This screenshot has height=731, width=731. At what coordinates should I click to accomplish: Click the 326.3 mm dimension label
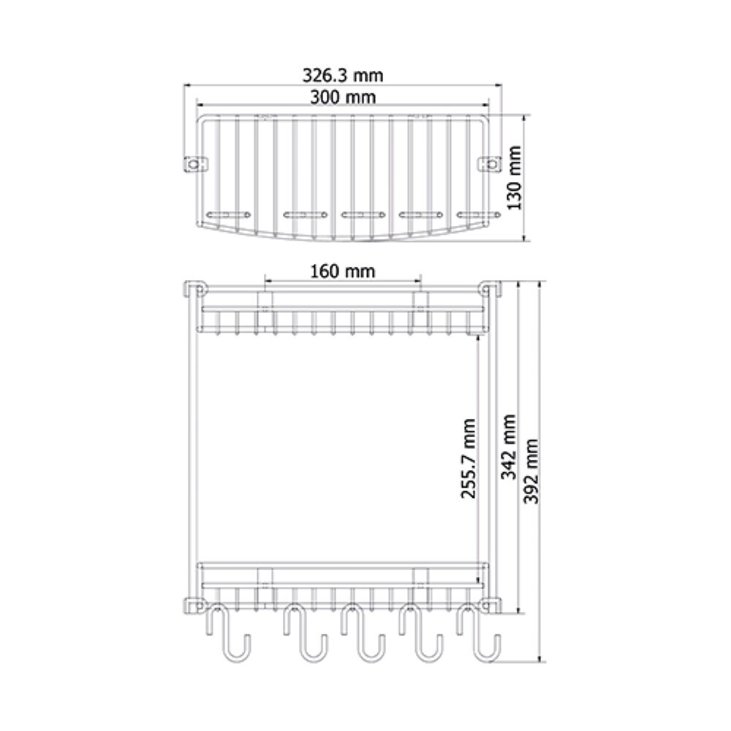point(343,75)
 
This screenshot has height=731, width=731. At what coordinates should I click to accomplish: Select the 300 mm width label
point(343,97)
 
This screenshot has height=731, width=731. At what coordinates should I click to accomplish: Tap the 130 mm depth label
point(514,178)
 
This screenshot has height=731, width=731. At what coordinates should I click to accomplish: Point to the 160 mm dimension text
point(343,271)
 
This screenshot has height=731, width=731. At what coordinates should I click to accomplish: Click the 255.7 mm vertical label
point(469,458)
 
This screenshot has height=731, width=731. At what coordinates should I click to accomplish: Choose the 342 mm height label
point(509,447)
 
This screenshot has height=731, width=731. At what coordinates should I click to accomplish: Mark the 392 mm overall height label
point(531,471)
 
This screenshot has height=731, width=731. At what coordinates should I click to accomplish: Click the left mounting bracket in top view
point(195,164)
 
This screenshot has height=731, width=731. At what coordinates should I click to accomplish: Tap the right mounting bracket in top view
point(491,164)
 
